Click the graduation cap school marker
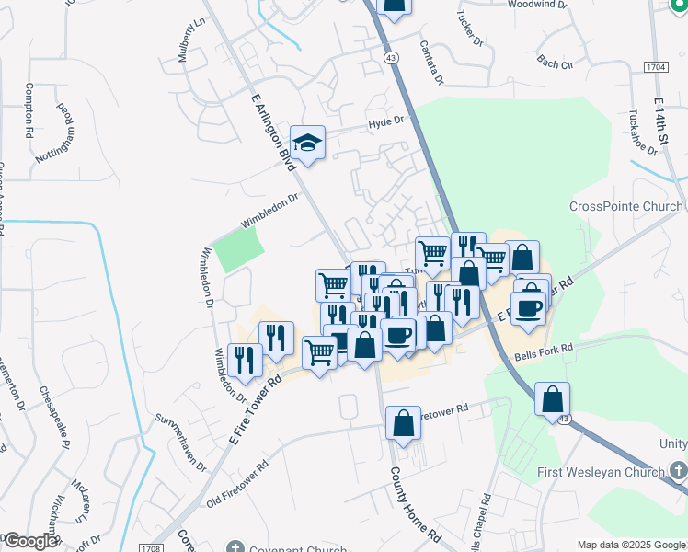click(x=309, y=143)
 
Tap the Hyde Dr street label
click(x=386, y=121)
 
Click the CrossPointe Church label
click(x=626, y=206)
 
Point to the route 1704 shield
click(x=656, y=68)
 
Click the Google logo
click(x=30, y=541)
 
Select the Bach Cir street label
click(x=555, y=64)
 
